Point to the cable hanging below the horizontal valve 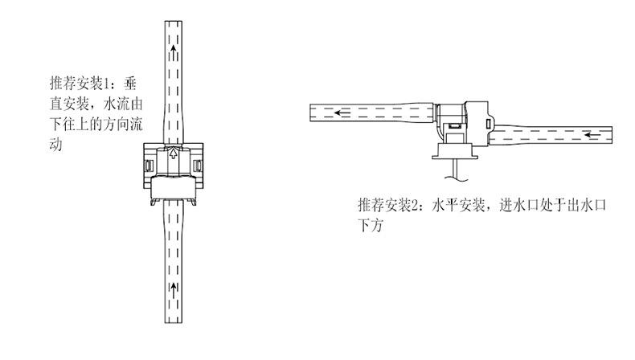[455, 170]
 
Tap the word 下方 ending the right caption [368, 227]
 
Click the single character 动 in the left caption [55, 147]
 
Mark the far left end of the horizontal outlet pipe [313, 112]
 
